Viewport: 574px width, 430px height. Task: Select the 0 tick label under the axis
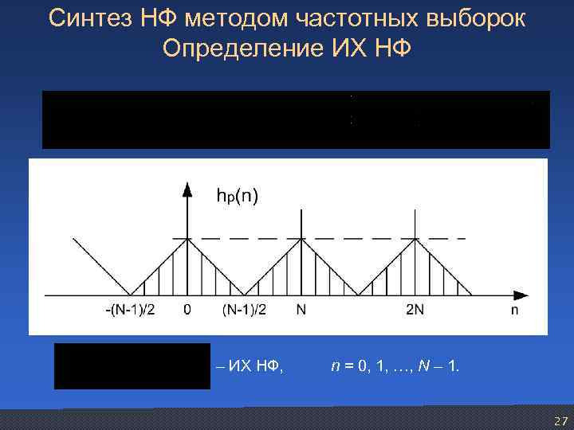[187, 311]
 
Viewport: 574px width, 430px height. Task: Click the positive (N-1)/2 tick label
[243, 311]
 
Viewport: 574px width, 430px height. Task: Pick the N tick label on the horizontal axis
[301, 311]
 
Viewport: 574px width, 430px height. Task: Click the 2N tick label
[415, 311]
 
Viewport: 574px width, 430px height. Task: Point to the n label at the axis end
[515, 311]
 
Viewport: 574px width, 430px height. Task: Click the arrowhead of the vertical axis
[187, 189]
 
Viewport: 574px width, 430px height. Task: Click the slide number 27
[560, 420]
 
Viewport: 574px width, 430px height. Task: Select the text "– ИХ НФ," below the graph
[250, 366]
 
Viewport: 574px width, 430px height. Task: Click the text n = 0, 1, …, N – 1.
[395, 366]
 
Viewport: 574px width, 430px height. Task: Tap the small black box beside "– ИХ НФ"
[132, 366]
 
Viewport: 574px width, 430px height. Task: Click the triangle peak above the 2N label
[415, 238]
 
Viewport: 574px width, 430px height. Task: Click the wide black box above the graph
[296, 119]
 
